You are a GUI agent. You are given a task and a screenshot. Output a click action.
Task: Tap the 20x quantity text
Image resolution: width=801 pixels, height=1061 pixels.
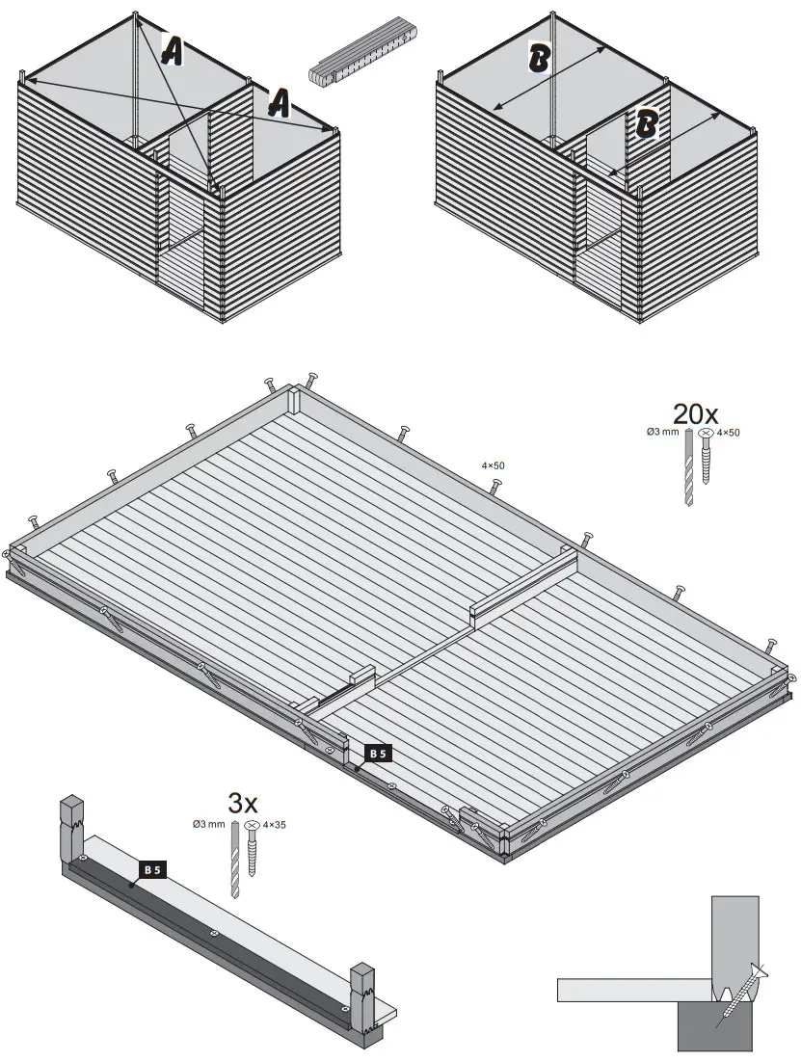coord(695,414)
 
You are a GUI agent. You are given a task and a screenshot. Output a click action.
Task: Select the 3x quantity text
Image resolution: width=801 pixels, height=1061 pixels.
coord(243,802)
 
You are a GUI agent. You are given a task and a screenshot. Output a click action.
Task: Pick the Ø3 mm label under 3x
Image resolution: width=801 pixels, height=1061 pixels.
coord(209,824)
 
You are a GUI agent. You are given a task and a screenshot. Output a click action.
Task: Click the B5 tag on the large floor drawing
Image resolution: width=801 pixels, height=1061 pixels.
coord(378,754)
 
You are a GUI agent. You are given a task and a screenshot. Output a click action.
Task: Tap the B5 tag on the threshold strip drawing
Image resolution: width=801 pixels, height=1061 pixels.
coord(152,869)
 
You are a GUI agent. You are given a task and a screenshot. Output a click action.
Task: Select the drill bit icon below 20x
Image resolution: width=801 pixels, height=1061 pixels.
coord(688,473)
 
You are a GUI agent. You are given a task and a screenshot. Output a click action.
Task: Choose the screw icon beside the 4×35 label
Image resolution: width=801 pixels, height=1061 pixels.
coord(253,848)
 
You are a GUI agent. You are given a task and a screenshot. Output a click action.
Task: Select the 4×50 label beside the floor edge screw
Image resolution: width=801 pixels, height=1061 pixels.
coord(493,465)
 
